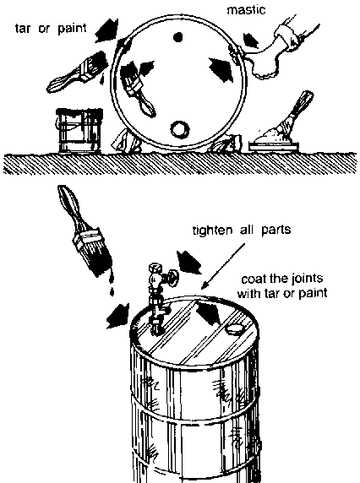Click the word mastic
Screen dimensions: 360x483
point(246,10)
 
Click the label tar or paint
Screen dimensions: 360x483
point(51,29)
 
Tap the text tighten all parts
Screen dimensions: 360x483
point(242,231)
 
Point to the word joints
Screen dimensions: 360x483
point(303,279)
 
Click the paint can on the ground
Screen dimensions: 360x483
point(79,130)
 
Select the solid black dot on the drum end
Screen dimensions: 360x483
point(177,37)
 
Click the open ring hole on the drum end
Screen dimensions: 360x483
point(180,129)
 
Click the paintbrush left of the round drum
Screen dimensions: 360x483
point(77,72)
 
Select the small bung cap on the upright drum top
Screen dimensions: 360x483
point(236,328)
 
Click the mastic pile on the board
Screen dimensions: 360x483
point(271,137)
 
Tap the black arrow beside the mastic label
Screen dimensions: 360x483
point(251,41)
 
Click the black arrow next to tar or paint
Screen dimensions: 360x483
point(106,30)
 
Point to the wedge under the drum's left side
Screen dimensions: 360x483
point(126,142)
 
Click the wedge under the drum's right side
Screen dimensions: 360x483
point(225,144)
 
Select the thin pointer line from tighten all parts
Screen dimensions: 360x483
point(223,267)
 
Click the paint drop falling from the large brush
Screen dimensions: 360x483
point(112,291)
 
